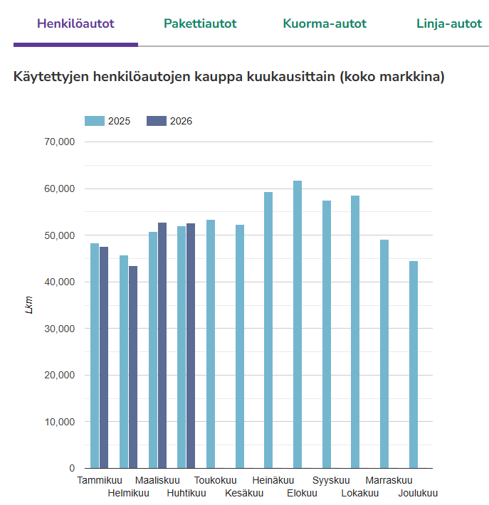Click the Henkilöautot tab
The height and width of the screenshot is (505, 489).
[75, 24]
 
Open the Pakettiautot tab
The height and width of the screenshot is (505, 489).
[200, 24]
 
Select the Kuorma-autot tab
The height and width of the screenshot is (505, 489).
[325, 24]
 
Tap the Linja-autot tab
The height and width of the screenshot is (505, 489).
[449, 24]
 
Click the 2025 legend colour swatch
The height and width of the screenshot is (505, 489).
[95, 121]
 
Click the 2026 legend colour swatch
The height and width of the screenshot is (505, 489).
[157, 121]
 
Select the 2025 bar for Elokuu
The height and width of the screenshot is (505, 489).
[298, 324]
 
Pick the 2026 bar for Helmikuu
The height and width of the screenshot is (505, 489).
[133, 367]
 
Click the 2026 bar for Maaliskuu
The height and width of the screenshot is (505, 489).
[162, 345]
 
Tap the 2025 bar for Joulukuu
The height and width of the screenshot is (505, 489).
[414, 365]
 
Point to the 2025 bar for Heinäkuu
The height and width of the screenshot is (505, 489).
[268, 330]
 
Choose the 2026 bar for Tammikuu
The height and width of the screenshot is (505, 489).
[104, 358]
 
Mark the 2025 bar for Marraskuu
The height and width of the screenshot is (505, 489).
[384, 354]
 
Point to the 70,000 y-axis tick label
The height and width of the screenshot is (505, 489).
[60, 142]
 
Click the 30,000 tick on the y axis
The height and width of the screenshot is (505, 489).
[60, 329]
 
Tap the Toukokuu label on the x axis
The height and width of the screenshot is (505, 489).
[216, 480]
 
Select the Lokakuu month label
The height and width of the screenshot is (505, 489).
[360, 493]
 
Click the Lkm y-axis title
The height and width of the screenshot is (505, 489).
[29, 304]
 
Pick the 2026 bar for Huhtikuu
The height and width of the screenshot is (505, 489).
[191, 346]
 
